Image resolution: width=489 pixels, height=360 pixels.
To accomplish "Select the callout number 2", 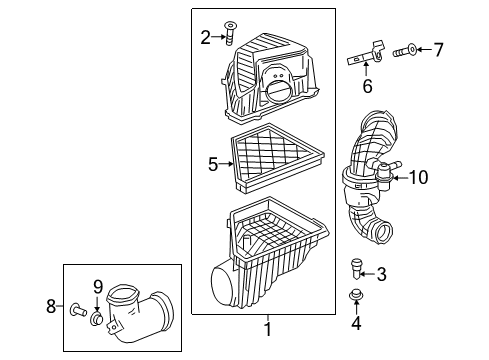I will (x=205, y=38).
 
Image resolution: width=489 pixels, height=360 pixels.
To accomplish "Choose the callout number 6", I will (x=366, y=86).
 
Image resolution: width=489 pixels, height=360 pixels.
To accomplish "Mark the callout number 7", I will (x=438, y=48).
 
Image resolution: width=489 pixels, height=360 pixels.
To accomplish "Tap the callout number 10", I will (x=418, y=178).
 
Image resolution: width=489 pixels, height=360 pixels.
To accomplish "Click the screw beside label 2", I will (x=230, y=36).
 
